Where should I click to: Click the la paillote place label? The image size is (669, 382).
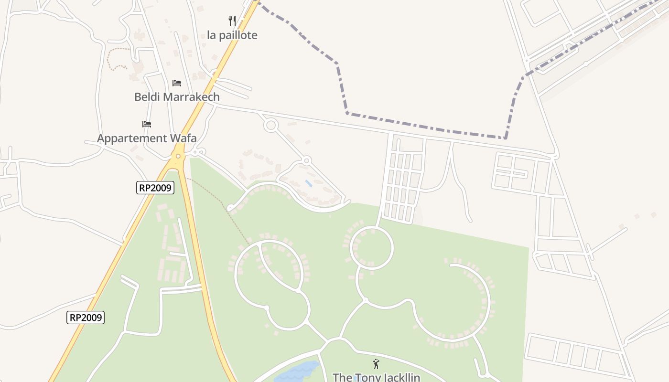coord(232,35)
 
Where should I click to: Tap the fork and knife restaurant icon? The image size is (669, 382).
coord(232,21)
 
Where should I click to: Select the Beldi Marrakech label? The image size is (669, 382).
coord(177,97)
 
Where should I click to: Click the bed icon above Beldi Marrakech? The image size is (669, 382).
coord(177,83)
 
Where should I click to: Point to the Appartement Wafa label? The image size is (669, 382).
coord(147,138)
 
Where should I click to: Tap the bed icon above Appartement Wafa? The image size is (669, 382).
coord(147,125)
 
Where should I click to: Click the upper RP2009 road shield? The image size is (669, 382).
coord(155,188)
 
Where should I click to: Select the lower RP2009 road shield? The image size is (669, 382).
coord(86,318)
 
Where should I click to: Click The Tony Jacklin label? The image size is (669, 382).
coord(376,377)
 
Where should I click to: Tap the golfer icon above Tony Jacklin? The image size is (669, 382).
coord(376,364)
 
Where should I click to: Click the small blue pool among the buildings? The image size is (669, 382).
coord(309,183)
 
